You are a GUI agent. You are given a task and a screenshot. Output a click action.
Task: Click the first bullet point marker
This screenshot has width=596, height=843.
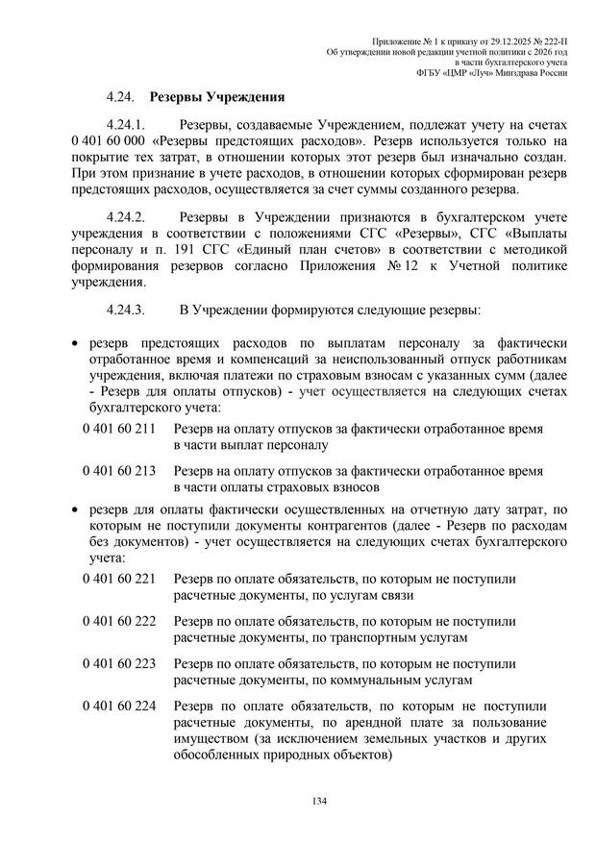point(76,343)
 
